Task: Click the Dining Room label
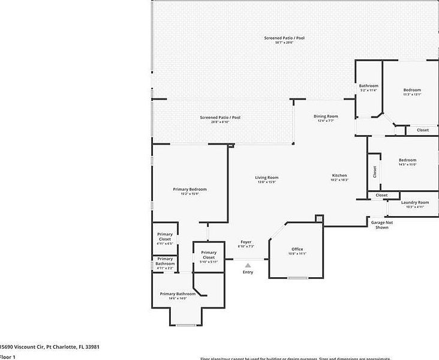point(326,116)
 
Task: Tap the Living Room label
point(267,178)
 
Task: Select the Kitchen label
point(339,175)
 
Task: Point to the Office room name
point(297,249)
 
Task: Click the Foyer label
point(246,242)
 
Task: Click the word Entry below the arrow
point(248,272)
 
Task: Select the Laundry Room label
point(415,203)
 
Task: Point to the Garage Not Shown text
point(381,225)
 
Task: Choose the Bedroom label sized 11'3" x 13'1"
point(411,90)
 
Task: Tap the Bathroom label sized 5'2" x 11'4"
point(369,86)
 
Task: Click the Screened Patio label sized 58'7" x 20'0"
point(284,38)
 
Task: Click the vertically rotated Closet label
point(374,172)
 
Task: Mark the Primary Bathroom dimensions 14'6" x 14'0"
point(178,298)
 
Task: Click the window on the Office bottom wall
point(297,278)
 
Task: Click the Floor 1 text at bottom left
point(8,357)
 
